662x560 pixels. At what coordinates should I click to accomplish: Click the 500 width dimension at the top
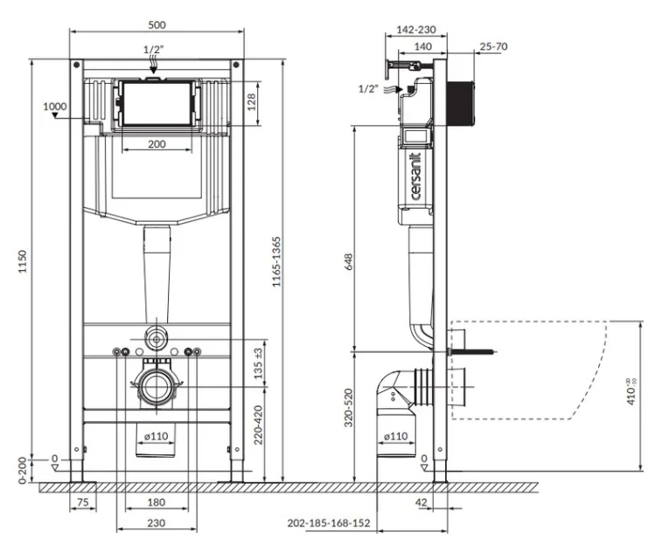click(x=157, y=24)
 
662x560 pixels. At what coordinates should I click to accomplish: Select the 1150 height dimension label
click(x=23, y=261)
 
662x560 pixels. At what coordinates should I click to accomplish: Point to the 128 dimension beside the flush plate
click(x=251, y=102)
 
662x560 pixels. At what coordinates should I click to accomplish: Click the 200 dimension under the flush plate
click(x=157, y=144)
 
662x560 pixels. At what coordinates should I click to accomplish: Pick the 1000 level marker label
click(x=55, y=107)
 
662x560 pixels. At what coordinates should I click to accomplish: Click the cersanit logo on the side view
click(x=415, y=176)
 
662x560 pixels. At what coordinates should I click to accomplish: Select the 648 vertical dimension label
click(x=348, y=262)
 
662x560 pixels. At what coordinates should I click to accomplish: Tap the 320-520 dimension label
click(x=348, y=408)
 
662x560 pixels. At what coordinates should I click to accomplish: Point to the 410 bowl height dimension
click(x=631, y=391)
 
